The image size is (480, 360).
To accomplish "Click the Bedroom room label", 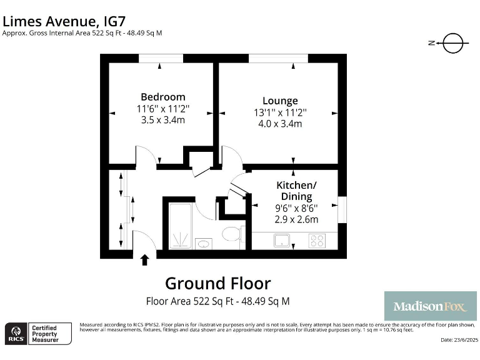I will pos(162,97).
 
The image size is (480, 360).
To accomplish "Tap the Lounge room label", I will pos(279,101).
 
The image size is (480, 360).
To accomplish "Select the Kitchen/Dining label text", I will pos(296,191).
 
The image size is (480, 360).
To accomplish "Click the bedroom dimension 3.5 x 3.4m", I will pos(162,120).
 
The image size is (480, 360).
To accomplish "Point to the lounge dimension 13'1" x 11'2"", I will pos(279,112).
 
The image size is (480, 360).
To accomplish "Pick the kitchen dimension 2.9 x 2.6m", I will pos(296,219).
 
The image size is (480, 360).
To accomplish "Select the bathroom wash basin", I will pos(203,242).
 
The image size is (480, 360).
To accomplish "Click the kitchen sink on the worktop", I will pos(282,240).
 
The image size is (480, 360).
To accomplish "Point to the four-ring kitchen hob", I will pos(317,240).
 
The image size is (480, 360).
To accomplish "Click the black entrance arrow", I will pos(145,259).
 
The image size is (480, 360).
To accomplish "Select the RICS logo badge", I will pos(16,332).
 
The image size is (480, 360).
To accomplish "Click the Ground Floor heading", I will pos(217,283).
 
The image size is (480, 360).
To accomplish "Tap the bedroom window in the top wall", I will pos(161,58).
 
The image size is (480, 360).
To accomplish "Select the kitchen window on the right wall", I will pos(342,209).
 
